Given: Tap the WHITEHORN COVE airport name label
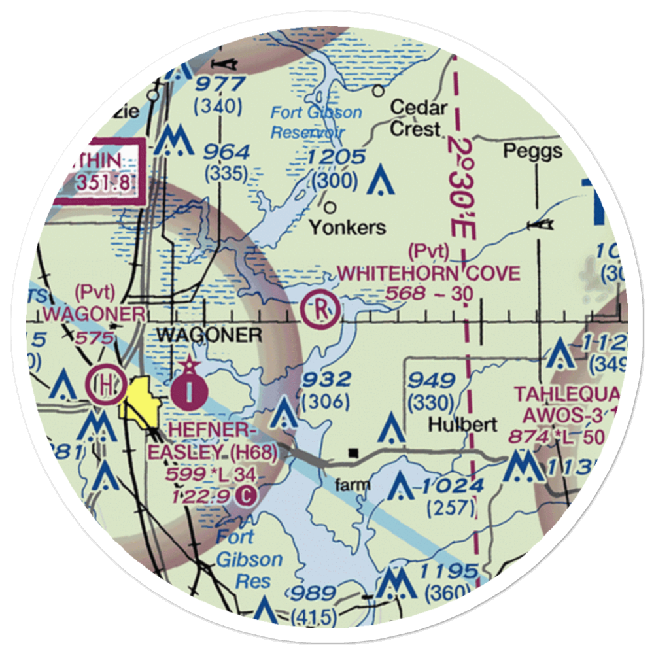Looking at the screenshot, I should [429, 273].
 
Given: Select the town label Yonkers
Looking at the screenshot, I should [347, 228].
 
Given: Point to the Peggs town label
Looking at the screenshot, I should [532, 152].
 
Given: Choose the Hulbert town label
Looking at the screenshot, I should [462, 424].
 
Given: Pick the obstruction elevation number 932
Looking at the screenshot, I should [326, 379].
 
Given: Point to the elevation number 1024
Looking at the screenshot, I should [452, 486].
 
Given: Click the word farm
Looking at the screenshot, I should [352, 485].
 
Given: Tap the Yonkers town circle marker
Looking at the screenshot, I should [330, 208].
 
